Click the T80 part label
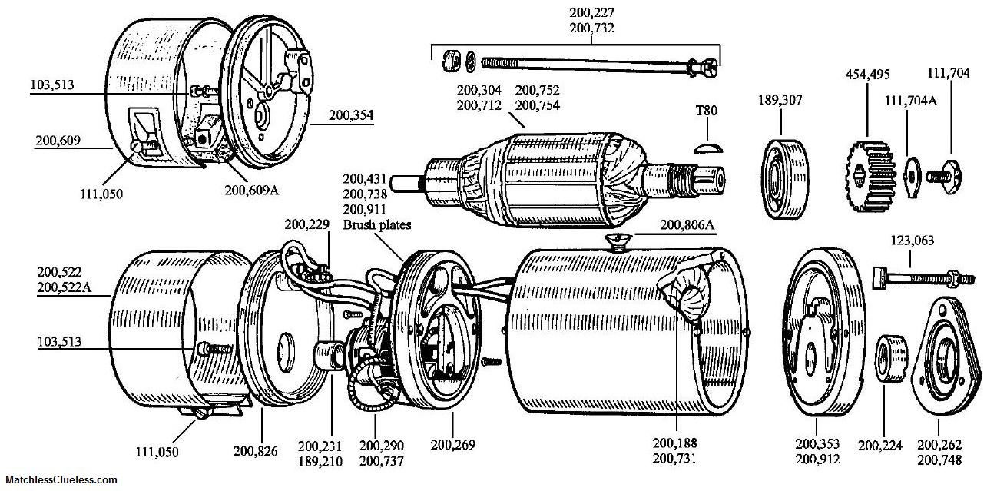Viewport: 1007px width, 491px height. pyautogui.click(x=707, y=111)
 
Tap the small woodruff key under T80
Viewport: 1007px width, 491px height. pyautogui.click(x=707, y=148)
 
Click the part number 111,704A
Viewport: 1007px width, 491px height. pyautogui.click(x=911, y=101)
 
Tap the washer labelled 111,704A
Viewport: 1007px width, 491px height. pyautogui.click(x=911, y=177)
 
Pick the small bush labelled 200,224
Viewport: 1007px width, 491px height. pyautogui.click(x=891, y=359)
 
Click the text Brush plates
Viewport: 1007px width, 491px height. pyautogui.click(x=376, y=225)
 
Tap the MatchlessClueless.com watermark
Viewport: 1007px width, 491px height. pyautogui.click(x=61, y=479)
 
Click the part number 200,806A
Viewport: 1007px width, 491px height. pyautogui.click(x=687, y=225)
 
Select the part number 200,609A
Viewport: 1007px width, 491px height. pyautogui.click(x=252, y=191)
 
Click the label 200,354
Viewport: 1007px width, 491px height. pyautogui.click(x=351, y=115)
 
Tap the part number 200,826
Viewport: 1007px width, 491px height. pyautogui.click(x=255, y=450)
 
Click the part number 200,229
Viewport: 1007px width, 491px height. pyautogui.click(x=307, y=224)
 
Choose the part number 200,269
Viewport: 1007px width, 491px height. pyautogui.click(x=452, y=445)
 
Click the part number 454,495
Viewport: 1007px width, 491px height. pyautogui.click(x=868, y=75)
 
